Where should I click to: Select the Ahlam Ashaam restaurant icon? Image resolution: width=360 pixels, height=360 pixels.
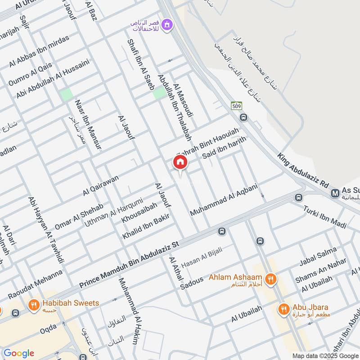click(270, 279)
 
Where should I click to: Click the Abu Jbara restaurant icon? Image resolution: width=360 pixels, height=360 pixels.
click(283, 309)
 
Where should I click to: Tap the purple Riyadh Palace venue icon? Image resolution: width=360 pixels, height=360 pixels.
click(167, 25)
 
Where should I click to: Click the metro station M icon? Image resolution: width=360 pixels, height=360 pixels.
click(335, 193)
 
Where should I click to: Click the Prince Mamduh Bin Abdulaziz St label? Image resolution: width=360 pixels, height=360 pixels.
click(129, 265)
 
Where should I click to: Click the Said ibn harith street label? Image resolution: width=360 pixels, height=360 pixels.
click(225, 148)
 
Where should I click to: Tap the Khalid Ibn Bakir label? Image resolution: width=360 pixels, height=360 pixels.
click(145, 227)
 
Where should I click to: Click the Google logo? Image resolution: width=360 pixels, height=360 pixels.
click(18, 353)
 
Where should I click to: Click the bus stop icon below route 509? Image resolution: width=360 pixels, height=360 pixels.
click(243, 117)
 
